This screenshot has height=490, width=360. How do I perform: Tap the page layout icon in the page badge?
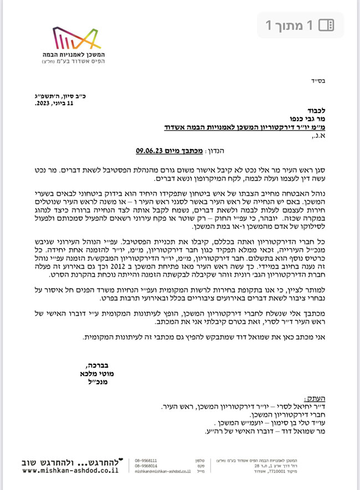pyautogui.click(x=328, y=25)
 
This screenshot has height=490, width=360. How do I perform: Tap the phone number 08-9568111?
pyautogui.click(x=146, y=460)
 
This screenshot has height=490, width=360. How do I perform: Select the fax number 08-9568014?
pyautogui.click(x=146, y=466)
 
